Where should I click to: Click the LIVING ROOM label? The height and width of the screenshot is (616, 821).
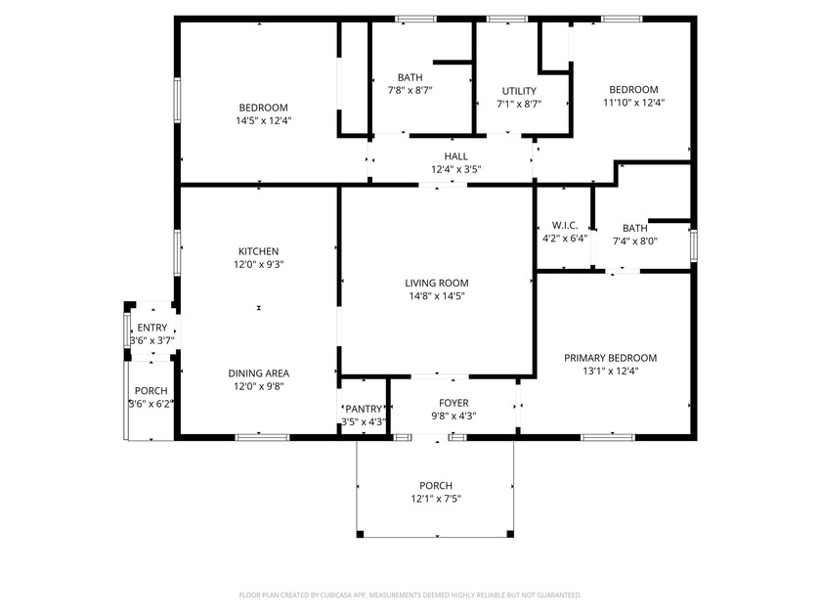tap(436, 283)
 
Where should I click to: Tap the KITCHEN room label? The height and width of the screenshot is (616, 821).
tap(259, 251)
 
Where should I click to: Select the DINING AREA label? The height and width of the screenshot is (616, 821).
tap(259, 373)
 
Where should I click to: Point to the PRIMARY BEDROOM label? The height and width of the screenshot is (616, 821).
tap(611, 358)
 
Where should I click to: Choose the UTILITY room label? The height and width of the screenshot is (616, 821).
tap(519, 91)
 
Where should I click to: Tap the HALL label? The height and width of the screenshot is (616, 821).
tap(456, 156)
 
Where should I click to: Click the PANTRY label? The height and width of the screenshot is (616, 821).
tap(364, 409)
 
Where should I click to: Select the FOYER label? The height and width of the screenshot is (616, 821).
tap(454, 403)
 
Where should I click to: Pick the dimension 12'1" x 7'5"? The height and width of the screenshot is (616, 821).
tap(436, 499)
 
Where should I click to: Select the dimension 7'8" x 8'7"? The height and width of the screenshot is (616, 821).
tap(410, 90)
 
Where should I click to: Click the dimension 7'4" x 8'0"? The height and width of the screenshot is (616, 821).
tap(635, 241)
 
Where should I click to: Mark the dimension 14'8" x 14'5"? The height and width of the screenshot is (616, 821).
tap(436, 295)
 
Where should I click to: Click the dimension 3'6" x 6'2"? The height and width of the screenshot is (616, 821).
tap(151, 404)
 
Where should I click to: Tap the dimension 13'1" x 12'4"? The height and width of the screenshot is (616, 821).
tap(611, 371)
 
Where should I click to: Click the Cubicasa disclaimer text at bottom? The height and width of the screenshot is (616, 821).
tap(410, 594)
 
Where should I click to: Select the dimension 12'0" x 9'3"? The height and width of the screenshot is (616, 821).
tap(259, 264)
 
